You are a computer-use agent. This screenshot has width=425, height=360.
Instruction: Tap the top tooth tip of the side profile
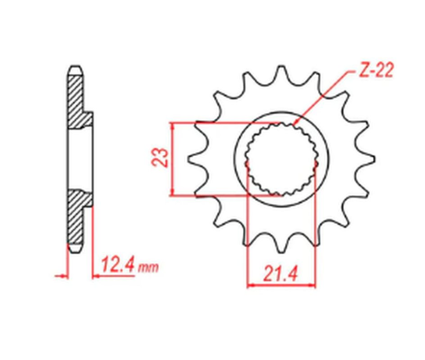tap(75, 69)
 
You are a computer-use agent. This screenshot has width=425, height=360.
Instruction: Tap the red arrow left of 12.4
tap(62, 276)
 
